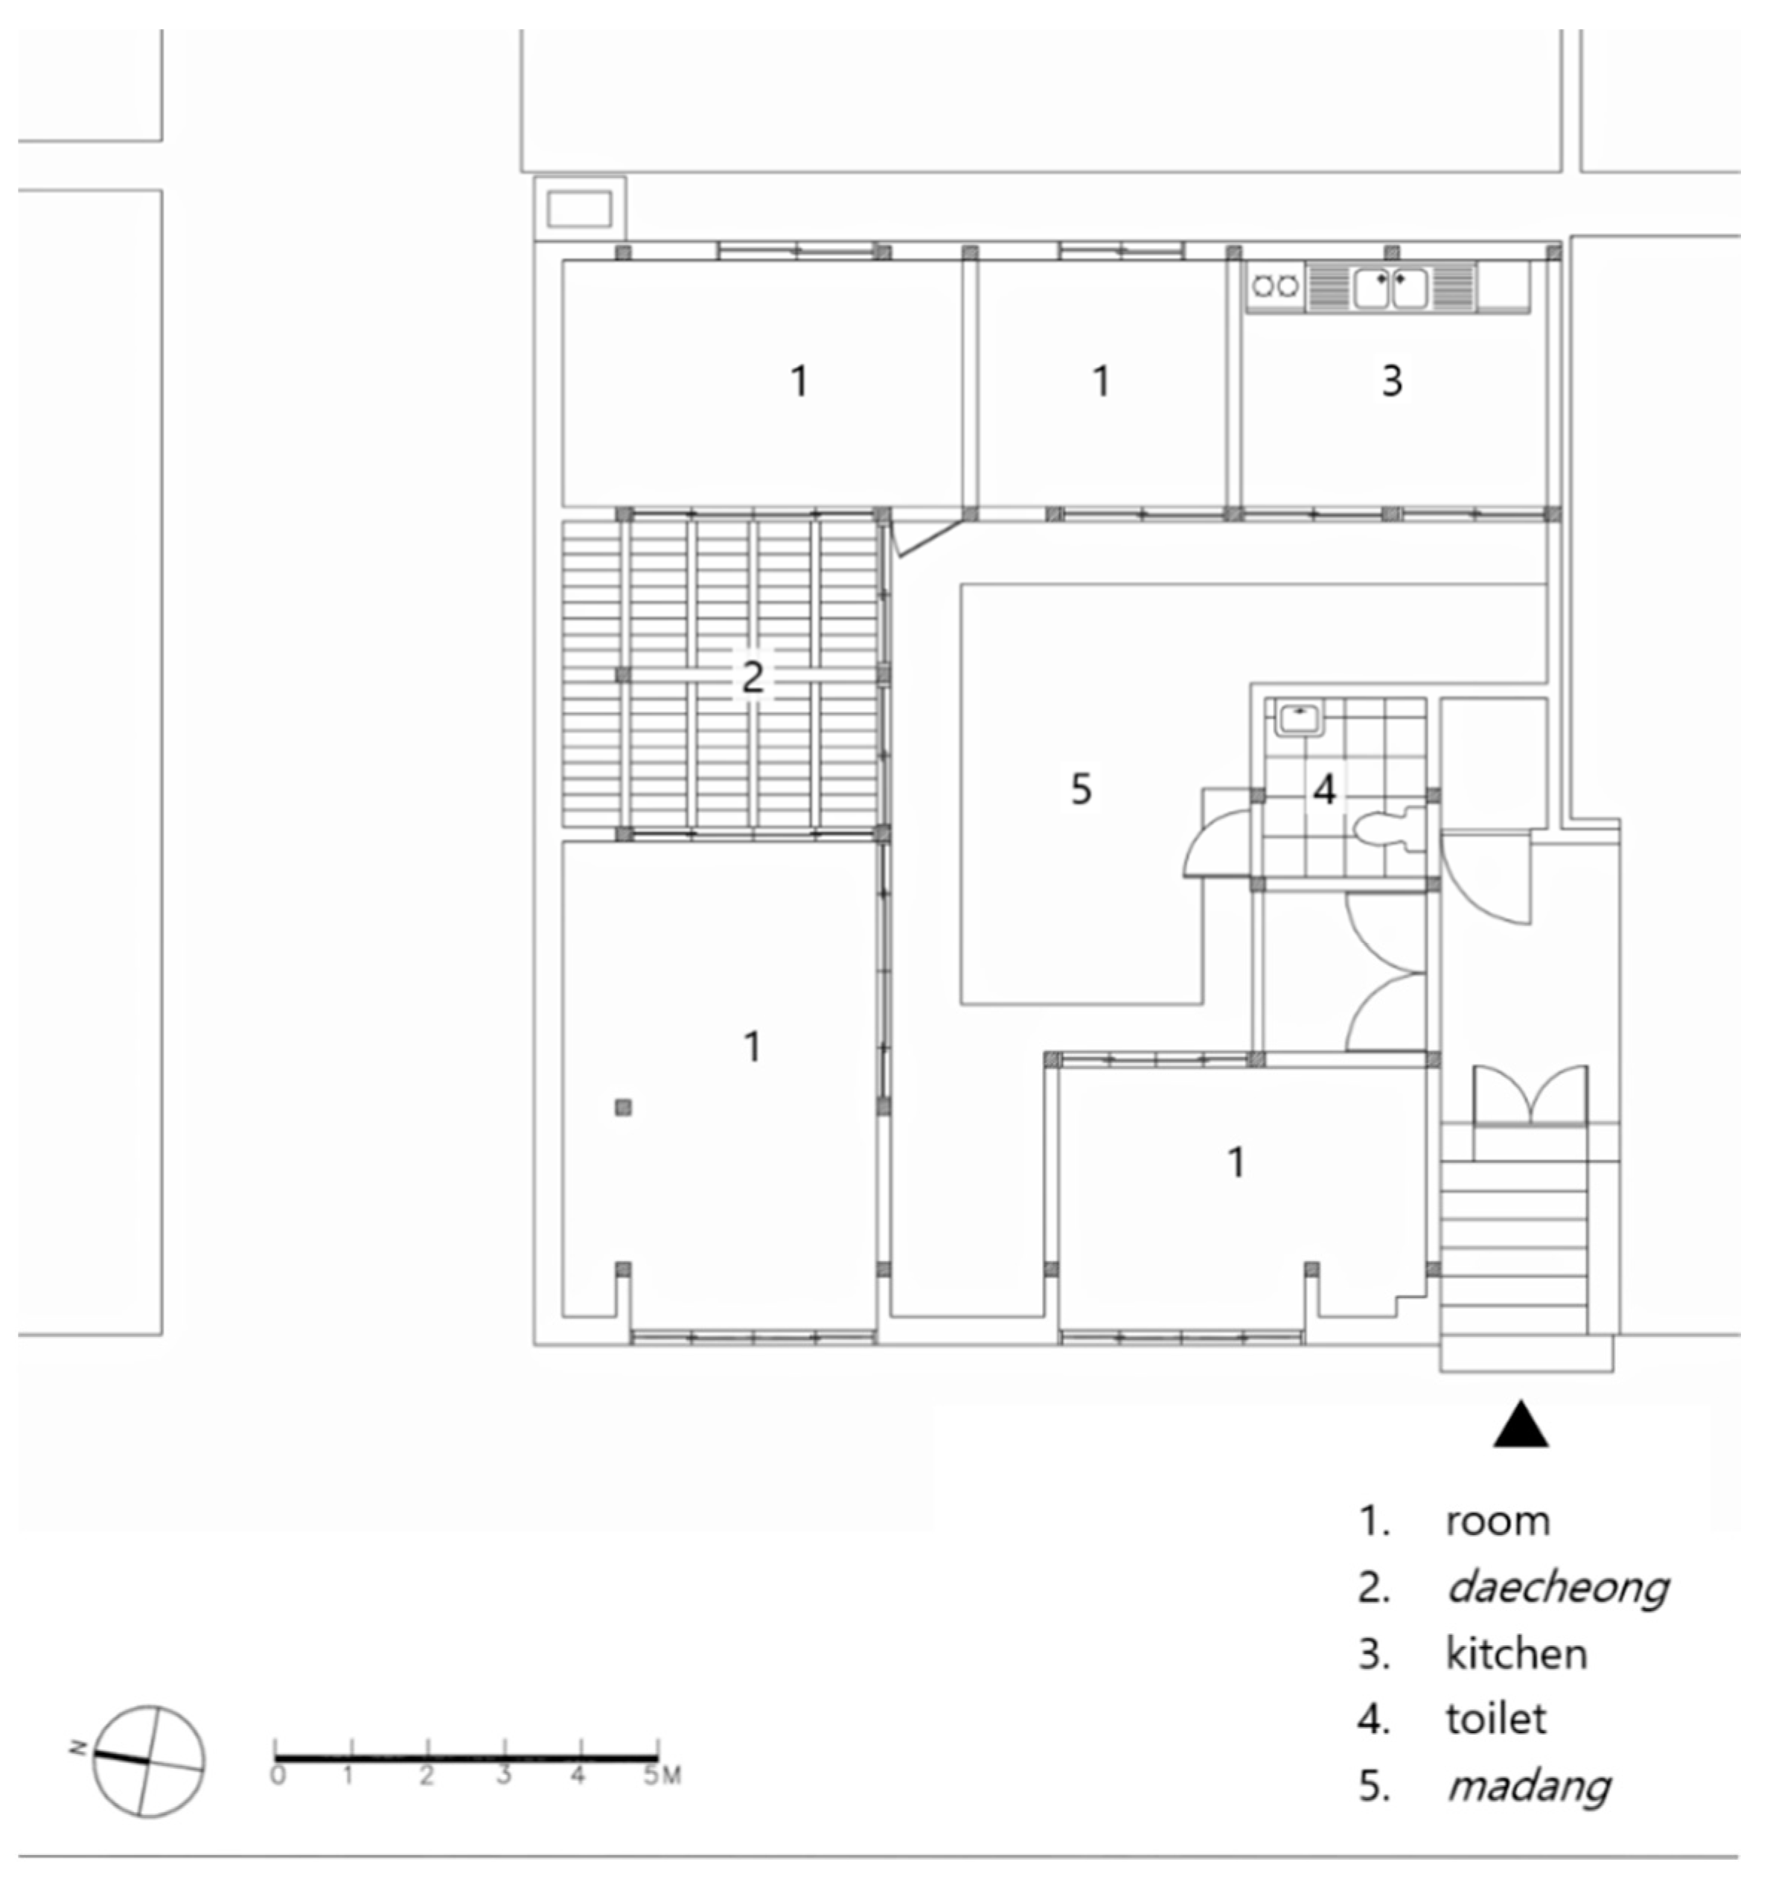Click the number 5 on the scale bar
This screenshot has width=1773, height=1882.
pos(651,1775)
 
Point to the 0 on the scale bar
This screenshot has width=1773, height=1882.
pos(278,1775)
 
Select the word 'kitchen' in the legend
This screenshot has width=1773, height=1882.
pos(1515,1654)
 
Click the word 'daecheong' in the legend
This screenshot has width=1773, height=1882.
pos(1557,1588)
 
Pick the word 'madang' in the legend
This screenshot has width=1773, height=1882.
pos(1529,1787)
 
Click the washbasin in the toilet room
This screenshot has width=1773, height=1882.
pos(1300,718)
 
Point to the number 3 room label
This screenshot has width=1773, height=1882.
pos(1391,380)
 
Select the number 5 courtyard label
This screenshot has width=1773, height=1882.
pos(1081,788)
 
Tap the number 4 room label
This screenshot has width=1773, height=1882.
pos(1324,788)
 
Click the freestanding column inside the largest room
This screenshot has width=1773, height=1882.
pos(623,1107)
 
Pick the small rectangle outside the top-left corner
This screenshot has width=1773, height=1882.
pos(579,209)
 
